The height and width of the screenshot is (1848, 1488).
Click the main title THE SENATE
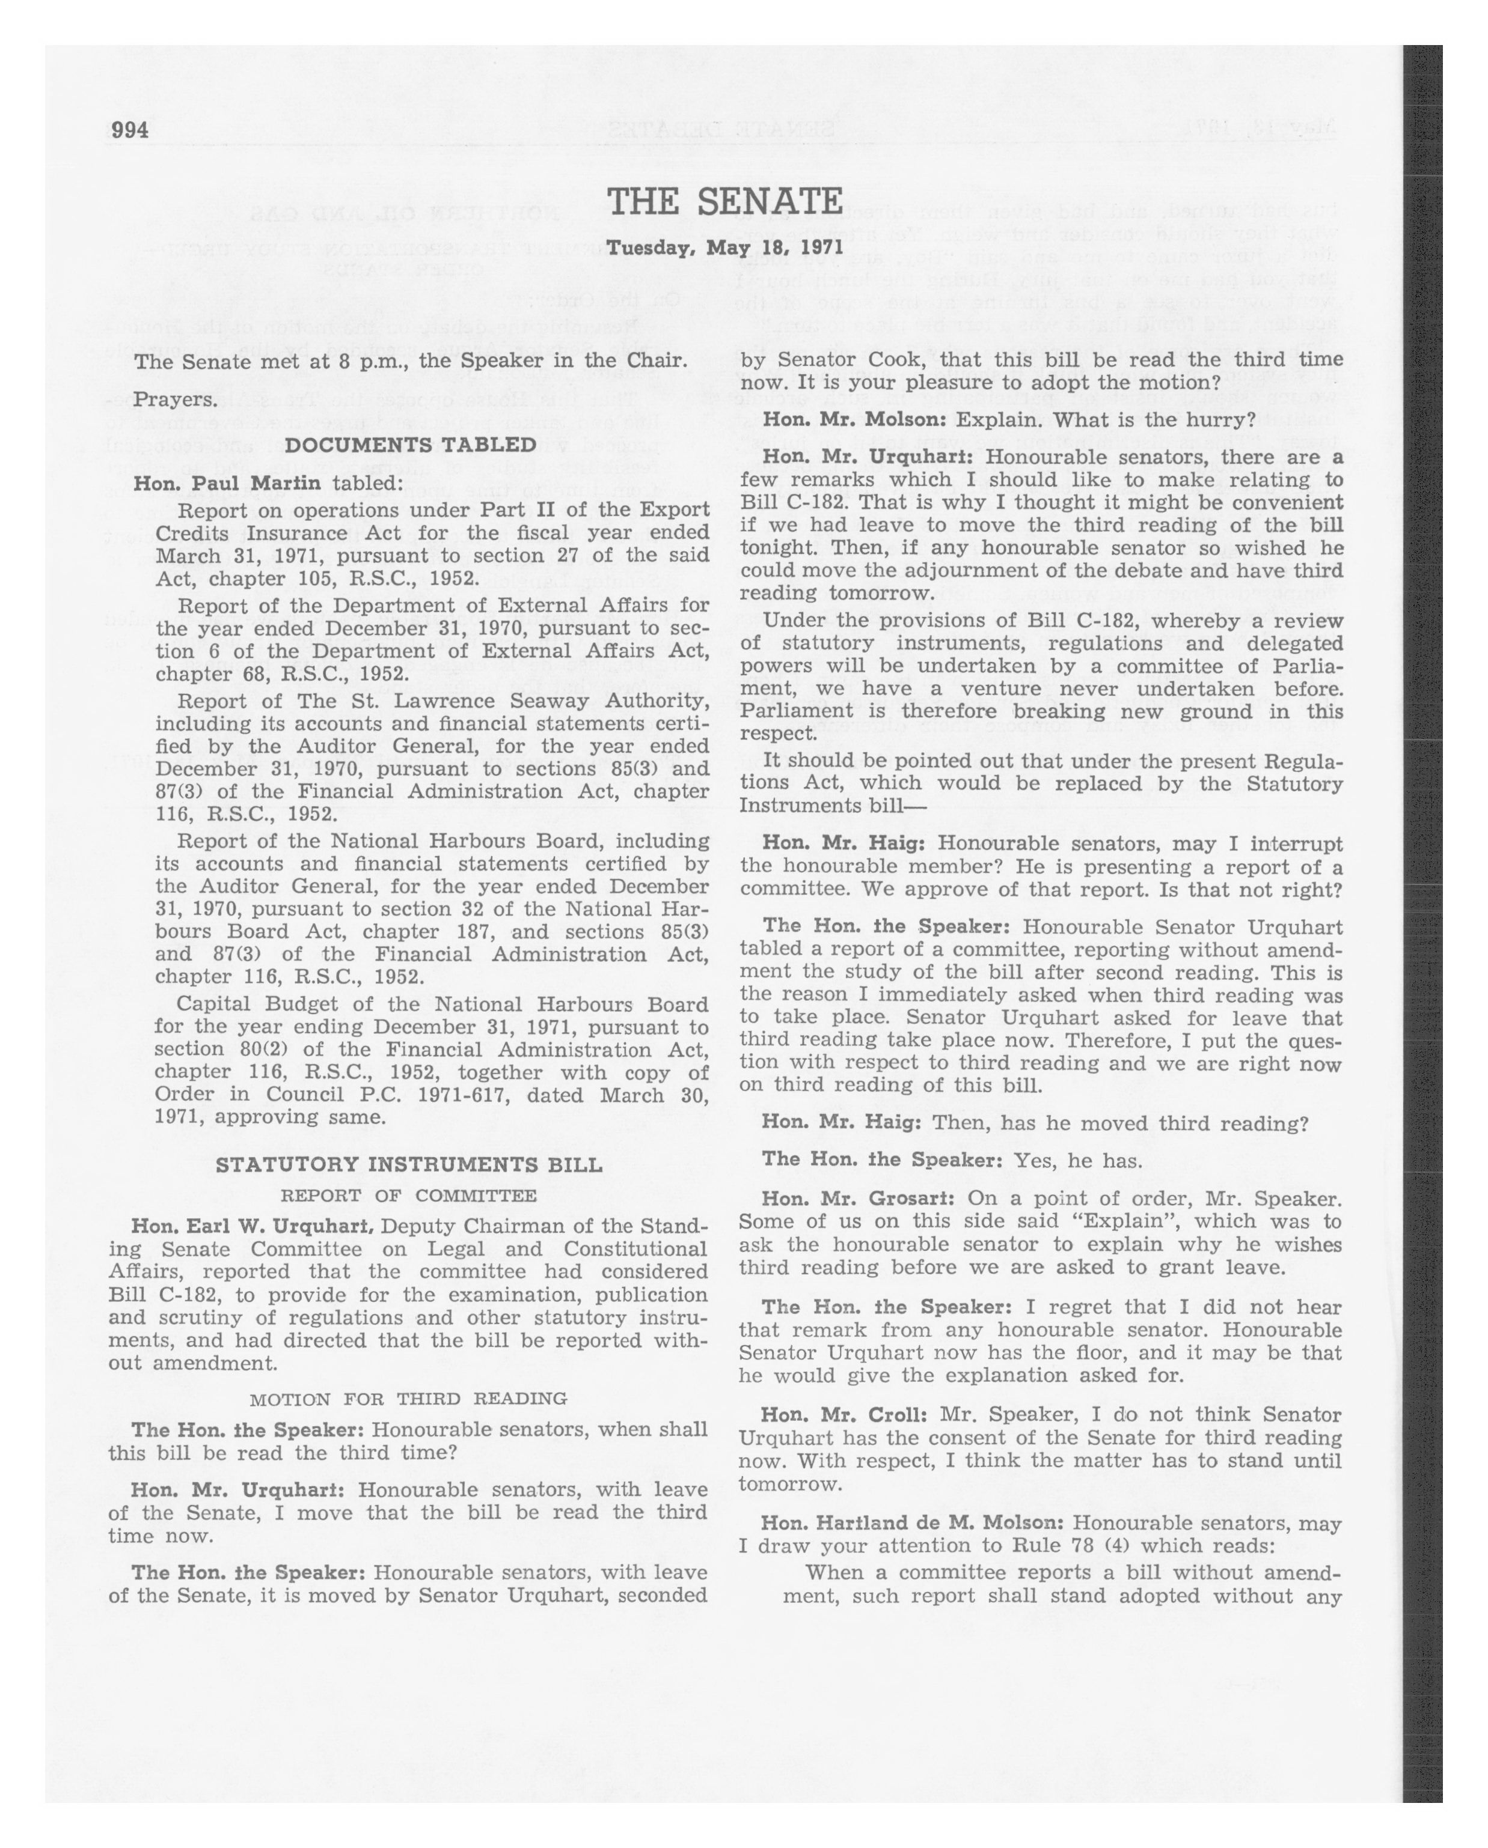[724, 203]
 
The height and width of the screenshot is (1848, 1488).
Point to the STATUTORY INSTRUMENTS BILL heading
[409, 1165]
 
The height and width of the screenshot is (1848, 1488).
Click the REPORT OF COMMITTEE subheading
[409, 1196]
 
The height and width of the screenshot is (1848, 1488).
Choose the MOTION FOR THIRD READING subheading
[408, 1399]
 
